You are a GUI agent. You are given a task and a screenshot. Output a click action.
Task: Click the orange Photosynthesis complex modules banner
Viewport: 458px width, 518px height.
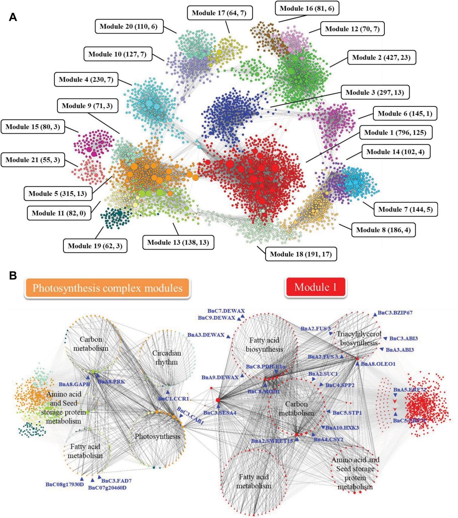coord(107,288)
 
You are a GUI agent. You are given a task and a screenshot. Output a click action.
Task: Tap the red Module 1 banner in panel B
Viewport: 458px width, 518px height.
coord(315,287)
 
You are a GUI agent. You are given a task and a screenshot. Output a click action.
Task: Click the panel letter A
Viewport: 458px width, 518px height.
coord(13,17)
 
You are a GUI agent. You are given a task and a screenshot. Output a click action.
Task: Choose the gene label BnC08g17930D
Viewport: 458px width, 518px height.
coord(65,484)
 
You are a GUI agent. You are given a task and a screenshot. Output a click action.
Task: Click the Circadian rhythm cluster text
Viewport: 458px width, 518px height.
coord(167,357)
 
